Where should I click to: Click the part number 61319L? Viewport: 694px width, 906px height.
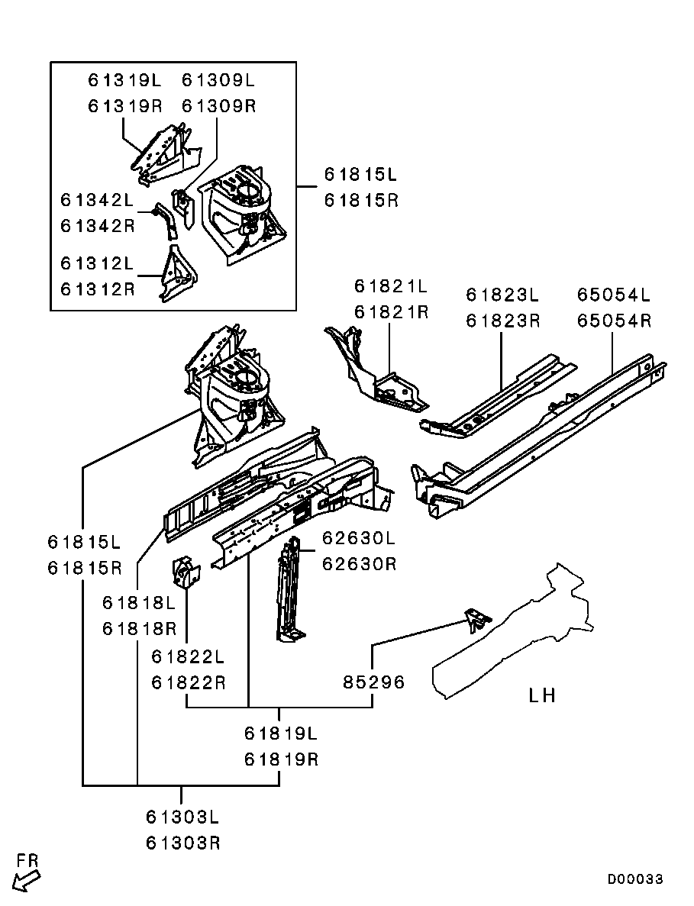point(124,79)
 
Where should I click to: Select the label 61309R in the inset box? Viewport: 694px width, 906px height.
point(218,105)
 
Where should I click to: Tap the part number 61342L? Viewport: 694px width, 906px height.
point(97,200)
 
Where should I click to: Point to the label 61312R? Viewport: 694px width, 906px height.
point(97,289)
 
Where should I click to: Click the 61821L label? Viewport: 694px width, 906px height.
point(390,286)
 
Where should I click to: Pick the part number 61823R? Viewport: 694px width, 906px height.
point(502,321)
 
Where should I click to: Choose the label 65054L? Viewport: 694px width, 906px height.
point(613,295)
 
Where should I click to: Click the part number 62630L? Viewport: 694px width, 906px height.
point(358,538)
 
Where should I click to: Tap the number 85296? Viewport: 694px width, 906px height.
point(373,682)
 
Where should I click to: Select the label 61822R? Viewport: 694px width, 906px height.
point(188,682)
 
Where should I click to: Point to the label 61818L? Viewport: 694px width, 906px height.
point(139,603)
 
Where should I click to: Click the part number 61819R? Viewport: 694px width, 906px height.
point(280,759)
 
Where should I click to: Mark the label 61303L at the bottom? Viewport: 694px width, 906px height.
point(182,817)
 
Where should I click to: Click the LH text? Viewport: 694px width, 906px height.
point(542,695)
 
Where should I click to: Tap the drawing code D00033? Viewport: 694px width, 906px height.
point(635,879)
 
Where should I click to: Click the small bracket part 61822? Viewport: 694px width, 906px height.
point(186,573)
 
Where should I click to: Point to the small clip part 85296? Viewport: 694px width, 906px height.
point(476,619)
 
